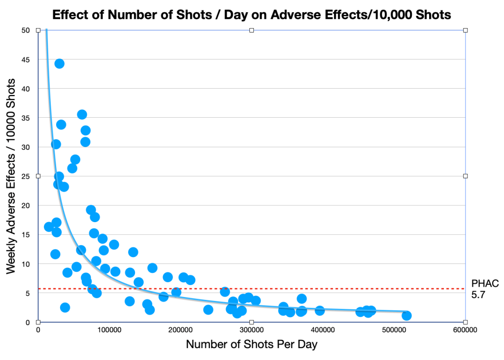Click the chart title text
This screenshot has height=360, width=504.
coord(251,14)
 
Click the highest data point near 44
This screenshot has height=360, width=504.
coord(59,64)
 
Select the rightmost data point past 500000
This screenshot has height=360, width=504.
coord(406,316)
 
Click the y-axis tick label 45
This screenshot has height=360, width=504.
coord(25,60)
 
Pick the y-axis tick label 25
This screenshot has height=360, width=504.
coord(25,176)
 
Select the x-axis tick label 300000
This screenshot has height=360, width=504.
coord(251,330)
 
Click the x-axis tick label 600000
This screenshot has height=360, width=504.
coord(465,330)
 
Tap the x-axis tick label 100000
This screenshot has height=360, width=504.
coord(109,330)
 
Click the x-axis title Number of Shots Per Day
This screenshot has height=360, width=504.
coord(251,345)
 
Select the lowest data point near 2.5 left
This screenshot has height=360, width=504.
coord(65,307)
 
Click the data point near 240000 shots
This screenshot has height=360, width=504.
coord(208,310)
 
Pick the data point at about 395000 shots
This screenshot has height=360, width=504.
coord(320,310)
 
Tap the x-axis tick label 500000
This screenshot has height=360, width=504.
coord(394,330)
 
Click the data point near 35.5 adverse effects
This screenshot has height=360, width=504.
coord(82,115)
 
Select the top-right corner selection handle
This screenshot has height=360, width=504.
coord(465,31)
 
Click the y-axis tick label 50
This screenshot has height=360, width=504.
coord(25,31)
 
